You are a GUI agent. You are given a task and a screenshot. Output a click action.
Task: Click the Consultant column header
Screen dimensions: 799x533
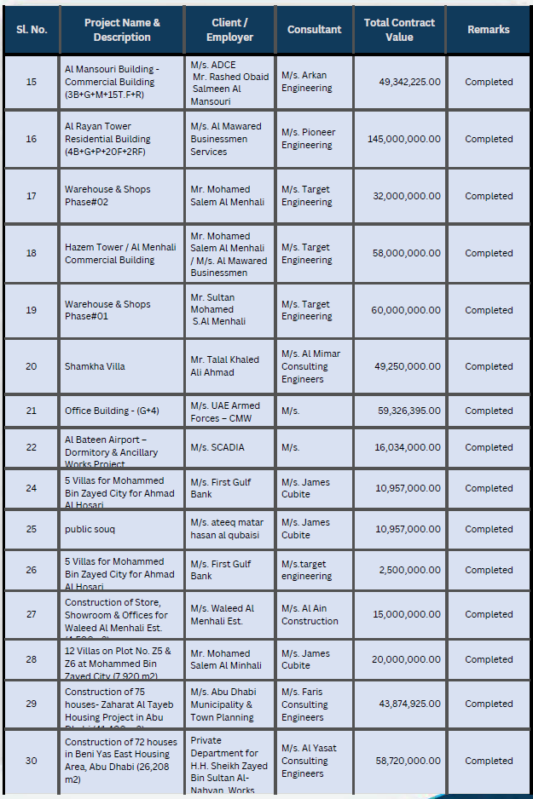point(314,29)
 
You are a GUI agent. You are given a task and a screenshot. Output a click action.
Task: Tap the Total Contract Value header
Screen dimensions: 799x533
point(399,30)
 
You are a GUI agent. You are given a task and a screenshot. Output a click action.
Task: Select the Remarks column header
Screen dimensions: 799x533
point(489,29)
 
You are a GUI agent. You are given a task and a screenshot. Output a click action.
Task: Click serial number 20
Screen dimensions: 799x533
point(32,366)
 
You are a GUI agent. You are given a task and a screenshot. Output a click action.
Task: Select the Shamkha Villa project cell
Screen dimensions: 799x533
point(95,366)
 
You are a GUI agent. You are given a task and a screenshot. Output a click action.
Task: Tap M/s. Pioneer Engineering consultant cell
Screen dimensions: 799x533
point(308,139)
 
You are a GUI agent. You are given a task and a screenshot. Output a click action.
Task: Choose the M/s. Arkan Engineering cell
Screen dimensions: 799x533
point(306,82)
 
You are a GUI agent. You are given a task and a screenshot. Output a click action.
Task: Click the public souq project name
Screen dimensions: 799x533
point(90,529)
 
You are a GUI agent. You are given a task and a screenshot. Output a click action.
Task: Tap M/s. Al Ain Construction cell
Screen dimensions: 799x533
point(310,615)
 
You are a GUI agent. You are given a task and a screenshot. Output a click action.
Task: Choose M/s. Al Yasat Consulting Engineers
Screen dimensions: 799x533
point(309,761)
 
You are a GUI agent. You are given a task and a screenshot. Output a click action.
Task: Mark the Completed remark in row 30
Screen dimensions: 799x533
point(489,761)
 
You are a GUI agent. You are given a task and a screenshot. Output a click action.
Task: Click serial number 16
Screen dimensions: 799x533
point(32,139)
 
